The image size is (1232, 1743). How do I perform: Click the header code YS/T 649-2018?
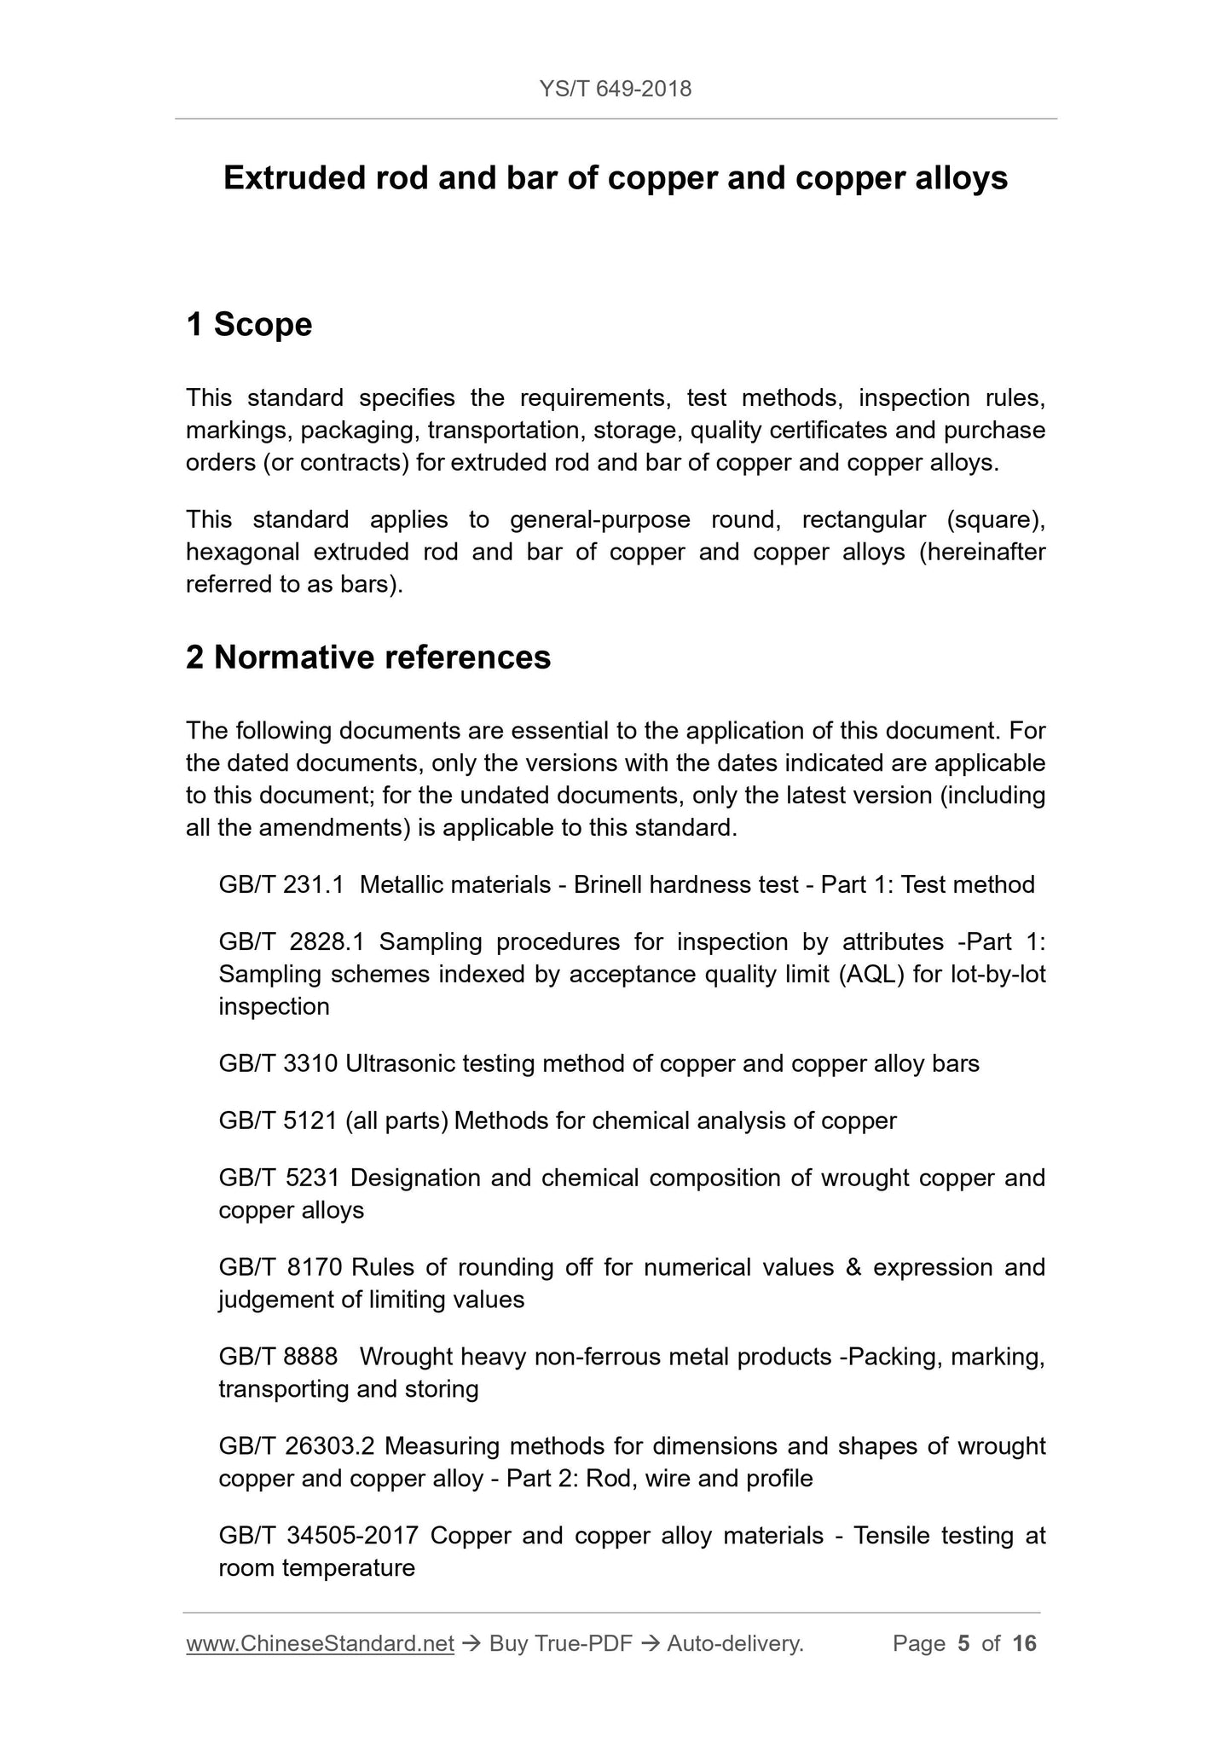click(x=616, y=89)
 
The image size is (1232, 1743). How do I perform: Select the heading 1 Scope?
click(x=249, y=325)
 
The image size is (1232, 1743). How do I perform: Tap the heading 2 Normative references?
click(x=368, y=657)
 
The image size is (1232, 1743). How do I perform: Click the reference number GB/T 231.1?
click(x=281, y=884)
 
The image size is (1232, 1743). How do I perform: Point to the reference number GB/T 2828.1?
click(x=292, y=941)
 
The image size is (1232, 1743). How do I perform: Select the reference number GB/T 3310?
click(x=279, y=1063)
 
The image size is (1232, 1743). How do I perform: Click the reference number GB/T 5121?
click(x=279, y=1120)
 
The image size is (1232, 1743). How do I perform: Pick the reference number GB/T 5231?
click(x=280, y=1178)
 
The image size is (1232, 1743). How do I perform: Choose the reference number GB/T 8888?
click(x=278, y=1357)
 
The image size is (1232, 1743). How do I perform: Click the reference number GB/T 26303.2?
click(x=297, y=1446)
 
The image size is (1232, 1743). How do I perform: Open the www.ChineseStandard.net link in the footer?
click(x=320, y=1643)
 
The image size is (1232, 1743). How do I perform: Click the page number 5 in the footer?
click(x=963, y=1643)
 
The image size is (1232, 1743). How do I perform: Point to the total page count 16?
click(x=1024, y=1643)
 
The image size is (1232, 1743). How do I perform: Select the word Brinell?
click(x=608, y=884)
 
